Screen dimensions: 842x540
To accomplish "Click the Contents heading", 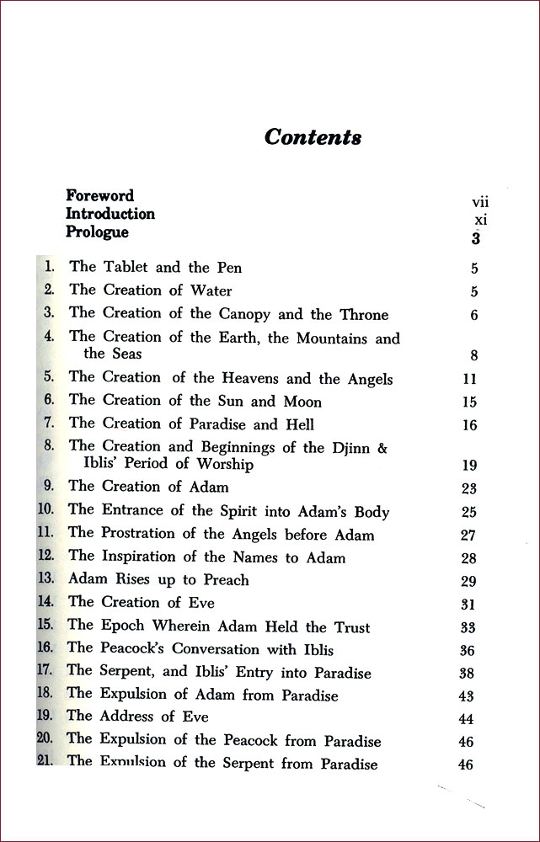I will [x=313, y=137].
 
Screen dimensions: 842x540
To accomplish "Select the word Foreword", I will [x=99, y=196].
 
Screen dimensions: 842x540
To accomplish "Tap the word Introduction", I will [x=110, y=214].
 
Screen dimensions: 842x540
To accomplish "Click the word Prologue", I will [x=98, y=232].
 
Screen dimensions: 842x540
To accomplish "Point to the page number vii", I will [x=480, y=202].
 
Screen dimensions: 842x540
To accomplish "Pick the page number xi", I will [x=480, y=220].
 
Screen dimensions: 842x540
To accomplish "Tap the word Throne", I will [x=364, y=314].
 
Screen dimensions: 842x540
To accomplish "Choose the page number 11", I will [x=470, y=380].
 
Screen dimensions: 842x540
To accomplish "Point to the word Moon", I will [x=302, y=402].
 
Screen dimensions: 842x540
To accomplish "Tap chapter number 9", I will [x=48, y=486].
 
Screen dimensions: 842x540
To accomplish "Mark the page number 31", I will [x=469, y=604].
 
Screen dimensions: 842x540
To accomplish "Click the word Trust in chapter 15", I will [x=350, y=626].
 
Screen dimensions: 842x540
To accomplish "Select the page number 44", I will [x=465, y=719].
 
